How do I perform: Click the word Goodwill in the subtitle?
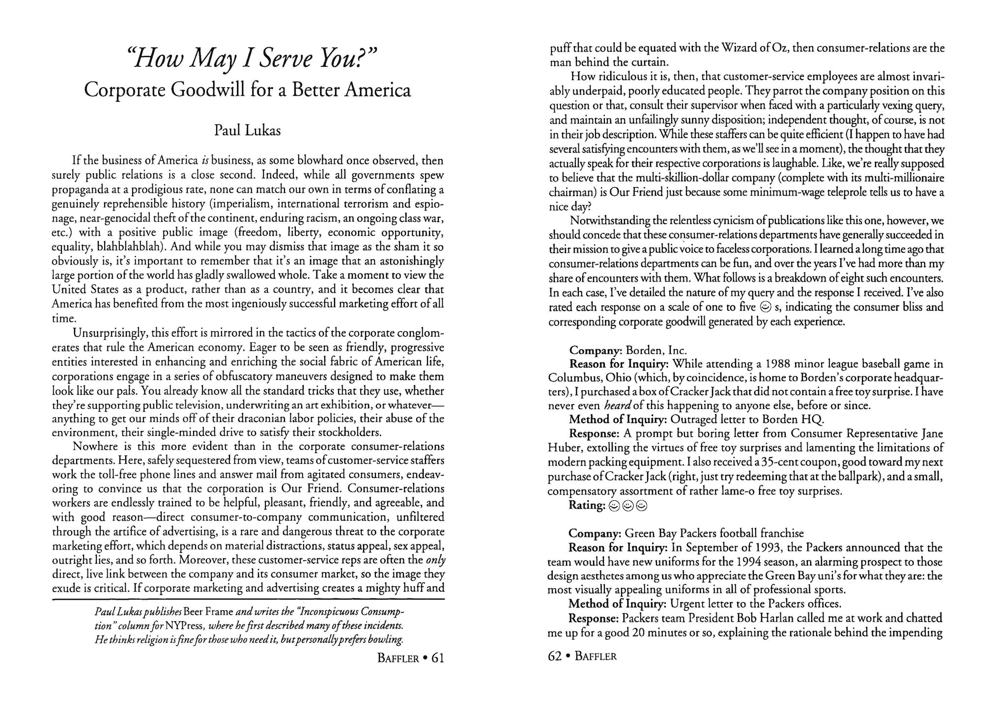pyautogui.click(x=205, y=90)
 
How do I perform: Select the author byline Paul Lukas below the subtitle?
pyautogui.click(x=248, y=131)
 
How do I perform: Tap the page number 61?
pyautogui.click(x=437, y=658)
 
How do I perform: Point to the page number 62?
pyautogui.click(x=555, y=656)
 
